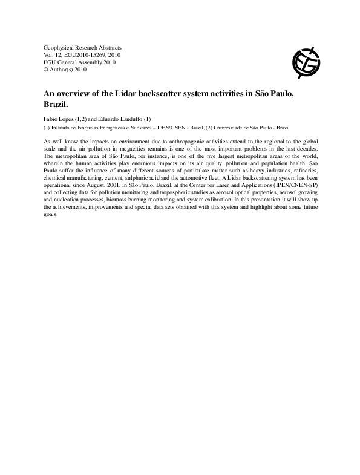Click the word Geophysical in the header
[59, 47]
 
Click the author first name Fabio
[51, 119]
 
